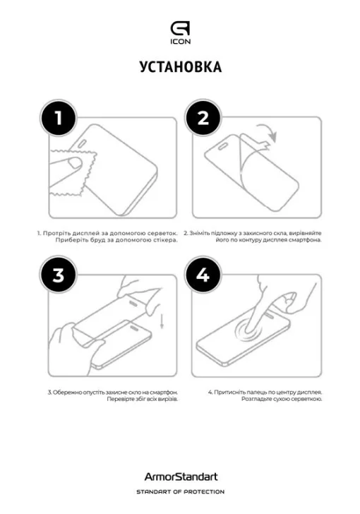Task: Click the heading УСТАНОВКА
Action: [x=180, y=67]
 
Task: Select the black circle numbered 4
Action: [x=203, y=276]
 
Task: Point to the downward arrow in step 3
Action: [x=162, y=322]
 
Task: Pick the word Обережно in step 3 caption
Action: [x=68, y=391]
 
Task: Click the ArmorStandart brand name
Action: [x=180, y=478]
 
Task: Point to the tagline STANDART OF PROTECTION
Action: [x=180, y=491]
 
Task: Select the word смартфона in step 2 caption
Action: [x=304, y=240]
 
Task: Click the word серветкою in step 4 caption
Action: [x=306, y=399]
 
